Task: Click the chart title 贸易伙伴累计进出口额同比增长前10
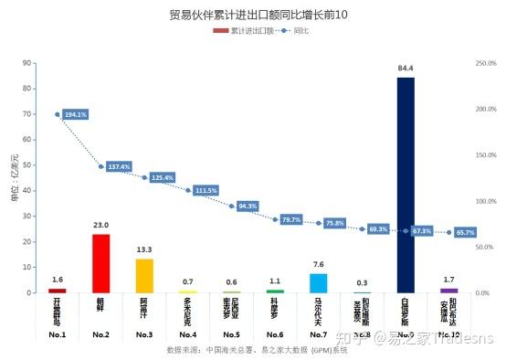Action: point(252,16)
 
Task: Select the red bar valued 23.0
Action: point(100,263)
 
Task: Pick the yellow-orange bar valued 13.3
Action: point(144,275)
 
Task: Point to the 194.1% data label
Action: point(76,115)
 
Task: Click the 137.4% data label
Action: point(120,167)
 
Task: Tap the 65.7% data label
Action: point(466,233)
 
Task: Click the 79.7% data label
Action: point(291,220)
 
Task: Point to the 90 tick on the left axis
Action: point(27,63)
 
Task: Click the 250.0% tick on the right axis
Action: point(486,63)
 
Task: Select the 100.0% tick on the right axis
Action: point(486,201)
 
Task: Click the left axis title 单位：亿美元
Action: point(15,178)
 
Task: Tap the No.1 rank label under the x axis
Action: point(57,335)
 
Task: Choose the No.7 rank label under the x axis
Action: point(318,335)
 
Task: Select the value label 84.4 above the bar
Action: point(406,69)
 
